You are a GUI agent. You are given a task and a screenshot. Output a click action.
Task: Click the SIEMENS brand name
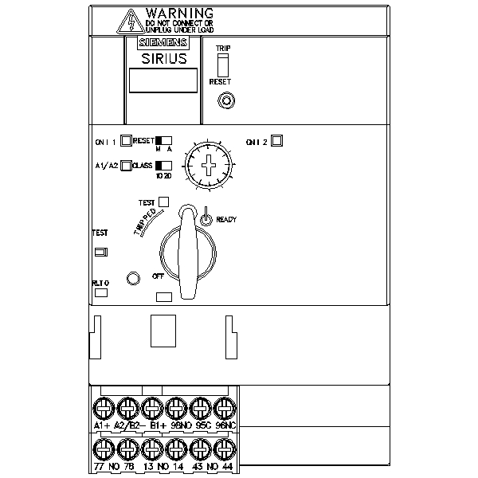tap(163, 43)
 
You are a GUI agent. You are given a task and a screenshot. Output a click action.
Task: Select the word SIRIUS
tap(163, 57)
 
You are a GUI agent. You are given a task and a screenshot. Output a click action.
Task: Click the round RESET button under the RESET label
tap(227, 101)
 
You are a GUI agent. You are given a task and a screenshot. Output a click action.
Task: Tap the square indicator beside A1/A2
tap(126, 166)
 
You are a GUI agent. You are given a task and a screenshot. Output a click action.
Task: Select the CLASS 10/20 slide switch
tap(163, 166)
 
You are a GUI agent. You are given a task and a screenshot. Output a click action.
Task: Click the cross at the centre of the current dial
tap(210, 166)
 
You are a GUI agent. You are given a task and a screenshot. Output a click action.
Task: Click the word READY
tap(226, 219)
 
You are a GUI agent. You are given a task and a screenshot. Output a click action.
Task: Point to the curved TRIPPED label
tap(145, 217)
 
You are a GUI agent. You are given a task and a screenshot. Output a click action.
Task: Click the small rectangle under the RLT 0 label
tap(101, 292)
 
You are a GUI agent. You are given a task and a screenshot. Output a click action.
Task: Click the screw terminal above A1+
tap(102, 409)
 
